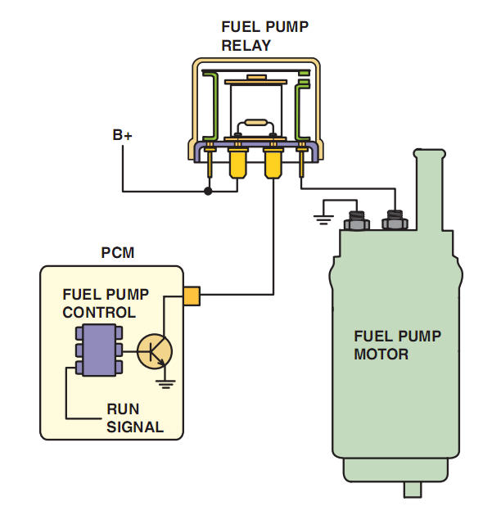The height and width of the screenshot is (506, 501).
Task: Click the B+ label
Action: click(x=123, y=135)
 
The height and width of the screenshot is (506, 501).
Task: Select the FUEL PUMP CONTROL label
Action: click(x=99, y=303)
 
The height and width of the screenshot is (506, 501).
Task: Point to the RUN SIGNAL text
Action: click(x=135, y=418)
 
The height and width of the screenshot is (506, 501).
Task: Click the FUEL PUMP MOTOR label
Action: click(x=397, y=345)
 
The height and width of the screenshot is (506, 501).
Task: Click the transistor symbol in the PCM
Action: click(x=155, y=350)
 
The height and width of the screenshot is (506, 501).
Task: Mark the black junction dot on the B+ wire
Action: click(x=208, y=192)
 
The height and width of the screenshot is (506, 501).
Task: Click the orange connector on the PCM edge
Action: click(x=192, y=295)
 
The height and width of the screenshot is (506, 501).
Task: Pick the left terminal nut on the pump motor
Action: click(x=358, y=219)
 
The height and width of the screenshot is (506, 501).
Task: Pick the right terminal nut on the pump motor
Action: click(x=395, y=219)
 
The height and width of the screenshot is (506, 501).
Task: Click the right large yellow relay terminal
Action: click(x=273, y=164)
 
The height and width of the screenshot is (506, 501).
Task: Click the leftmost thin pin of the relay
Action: click(x=210, y=164)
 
